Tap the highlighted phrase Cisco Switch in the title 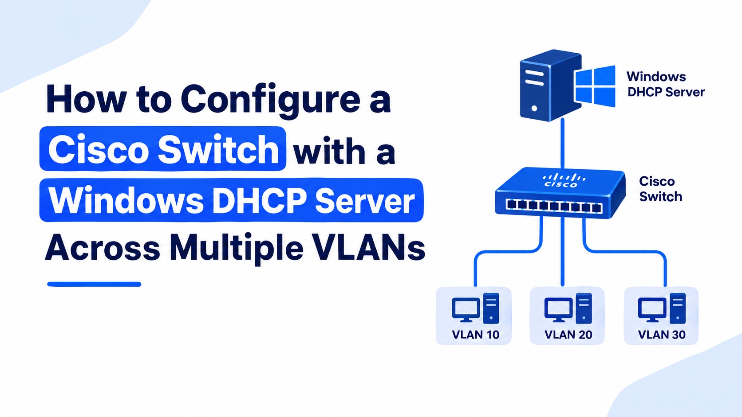click(163, 149)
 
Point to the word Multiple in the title click(237, 249)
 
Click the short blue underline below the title click(94, 284)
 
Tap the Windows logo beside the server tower click(595, 86)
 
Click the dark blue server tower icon click(550, 86)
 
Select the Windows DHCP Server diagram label click(666, 84)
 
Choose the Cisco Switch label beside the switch click(660, 189)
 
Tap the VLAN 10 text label click(475, 335)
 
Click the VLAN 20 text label click(568, 335)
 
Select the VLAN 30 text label click(662, 335)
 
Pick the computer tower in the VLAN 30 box click(678, 308)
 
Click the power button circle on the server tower click(534, 108)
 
